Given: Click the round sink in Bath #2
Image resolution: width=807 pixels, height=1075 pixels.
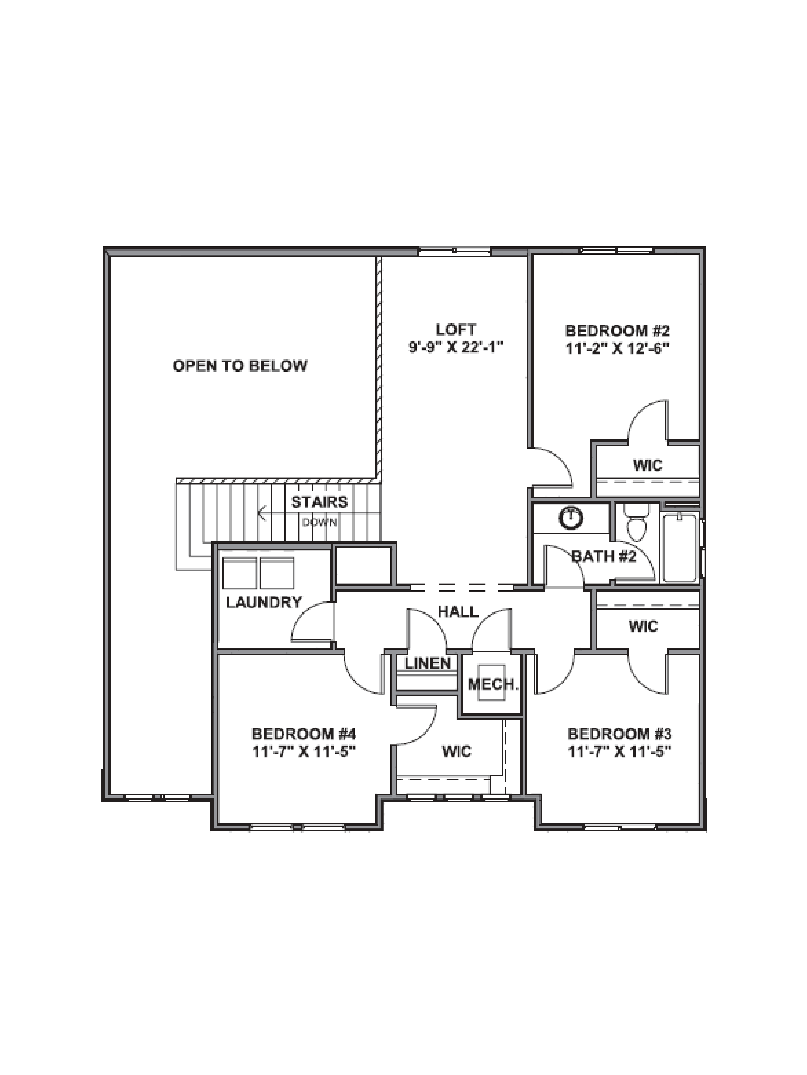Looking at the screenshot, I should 571,518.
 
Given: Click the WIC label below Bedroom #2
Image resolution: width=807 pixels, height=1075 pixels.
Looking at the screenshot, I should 648,465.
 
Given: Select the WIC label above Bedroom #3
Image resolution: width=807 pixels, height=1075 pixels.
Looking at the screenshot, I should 643,626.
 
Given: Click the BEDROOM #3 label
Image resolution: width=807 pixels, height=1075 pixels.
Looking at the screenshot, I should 619,733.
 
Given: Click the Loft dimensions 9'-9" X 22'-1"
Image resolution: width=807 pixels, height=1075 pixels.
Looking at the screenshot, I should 456,348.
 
